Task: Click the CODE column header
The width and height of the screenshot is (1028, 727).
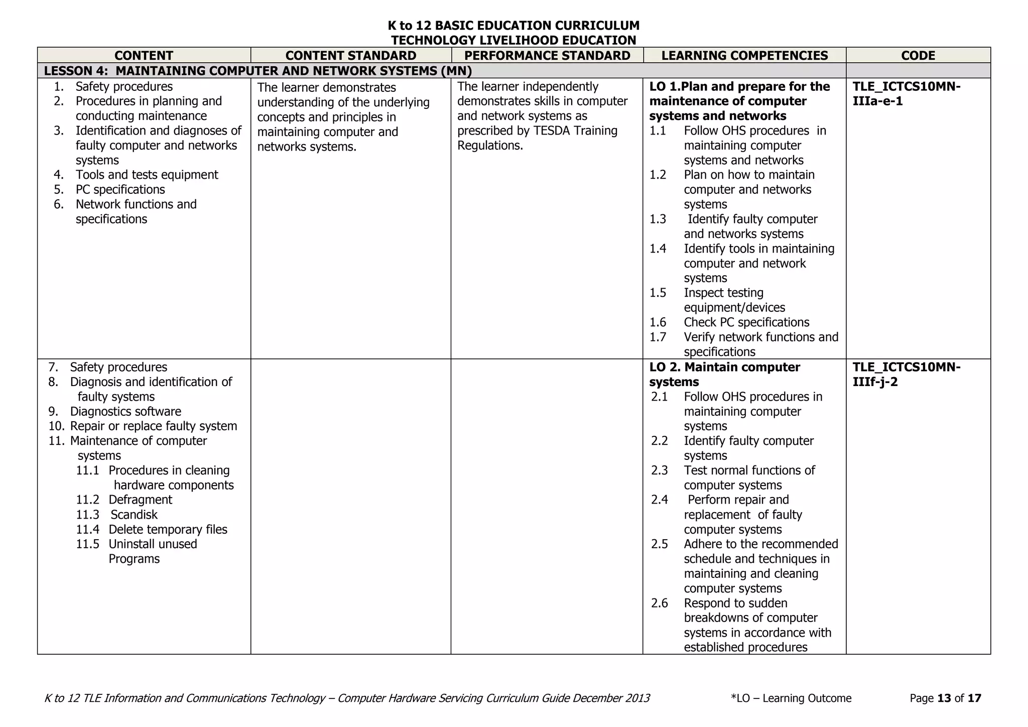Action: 918,55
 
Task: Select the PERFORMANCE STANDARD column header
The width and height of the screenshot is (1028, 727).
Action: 547,55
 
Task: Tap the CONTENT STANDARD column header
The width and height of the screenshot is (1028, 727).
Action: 350,55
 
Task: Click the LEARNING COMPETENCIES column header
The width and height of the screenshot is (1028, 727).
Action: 744,55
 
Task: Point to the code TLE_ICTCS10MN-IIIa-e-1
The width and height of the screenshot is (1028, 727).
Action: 907,94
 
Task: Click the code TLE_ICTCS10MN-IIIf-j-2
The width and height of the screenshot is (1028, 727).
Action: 907,375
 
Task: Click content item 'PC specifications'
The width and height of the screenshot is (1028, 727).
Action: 120,190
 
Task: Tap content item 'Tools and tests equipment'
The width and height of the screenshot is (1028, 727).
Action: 147,175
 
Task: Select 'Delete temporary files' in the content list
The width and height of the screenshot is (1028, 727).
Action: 168,530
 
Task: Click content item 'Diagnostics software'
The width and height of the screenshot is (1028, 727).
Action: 125,412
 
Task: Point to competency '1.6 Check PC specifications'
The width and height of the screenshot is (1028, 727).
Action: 746,322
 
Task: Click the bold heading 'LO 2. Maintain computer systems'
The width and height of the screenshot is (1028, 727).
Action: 724,375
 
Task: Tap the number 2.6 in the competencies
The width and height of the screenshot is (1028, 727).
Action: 660,603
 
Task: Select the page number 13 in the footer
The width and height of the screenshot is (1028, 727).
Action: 944,698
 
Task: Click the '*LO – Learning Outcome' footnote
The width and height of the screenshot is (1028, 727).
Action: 791,698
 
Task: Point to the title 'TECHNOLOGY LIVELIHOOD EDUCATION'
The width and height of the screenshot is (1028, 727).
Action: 513,40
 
